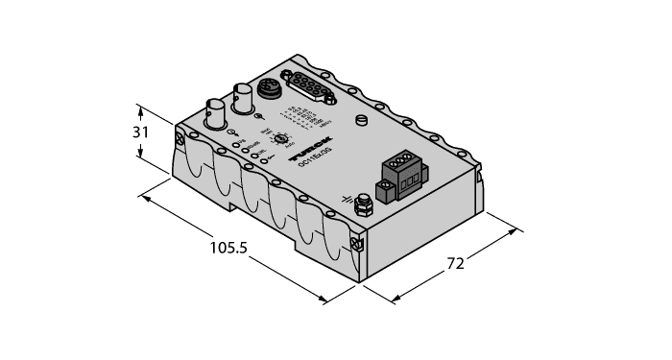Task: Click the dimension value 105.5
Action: (x=228, y=249)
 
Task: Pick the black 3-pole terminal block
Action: (x=403, y=176)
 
